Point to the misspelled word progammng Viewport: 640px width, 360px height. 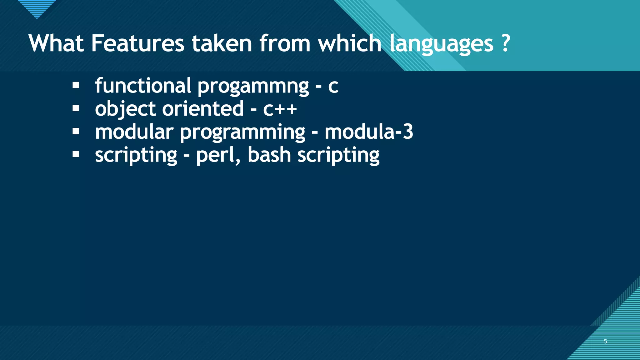coord(253,86)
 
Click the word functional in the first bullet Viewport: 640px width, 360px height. coord(143,86)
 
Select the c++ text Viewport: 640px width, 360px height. coord(280,109)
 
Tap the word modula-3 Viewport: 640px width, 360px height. coord(369,132)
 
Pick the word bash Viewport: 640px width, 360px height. coord(269,155)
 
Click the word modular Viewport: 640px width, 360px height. coord(134,132)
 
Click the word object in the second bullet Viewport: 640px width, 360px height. coord(125,109)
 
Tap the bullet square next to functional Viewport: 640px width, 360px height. coord(76,85)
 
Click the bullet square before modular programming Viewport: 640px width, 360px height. coord(76,132)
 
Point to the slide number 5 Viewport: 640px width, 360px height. coord(605,341)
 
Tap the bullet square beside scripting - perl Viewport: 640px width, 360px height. coord(76,154)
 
